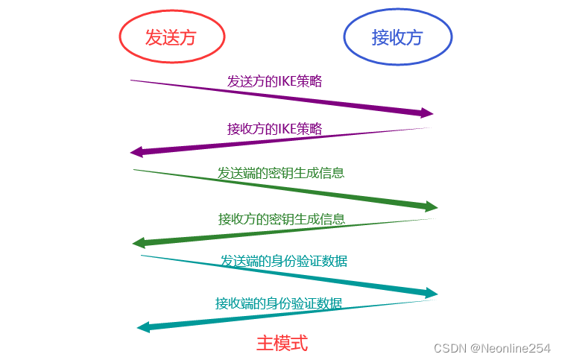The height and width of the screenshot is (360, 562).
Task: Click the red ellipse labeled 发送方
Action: (171, 38)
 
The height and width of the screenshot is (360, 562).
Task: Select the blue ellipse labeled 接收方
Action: (397, 38)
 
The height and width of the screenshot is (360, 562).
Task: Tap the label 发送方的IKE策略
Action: (275, 81)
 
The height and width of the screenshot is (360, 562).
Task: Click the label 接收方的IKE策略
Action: (275, 128)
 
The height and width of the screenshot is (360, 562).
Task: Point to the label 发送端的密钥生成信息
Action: (281, 173)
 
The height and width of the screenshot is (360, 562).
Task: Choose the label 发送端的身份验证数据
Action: (283, 261)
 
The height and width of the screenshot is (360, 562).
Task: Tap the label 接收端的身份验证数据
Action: (279, 303)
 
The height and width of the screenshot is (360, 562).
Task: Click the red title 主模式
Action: (282, 343)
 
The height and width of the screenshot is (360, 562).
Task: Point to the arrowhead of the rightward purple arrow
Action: (427, 113)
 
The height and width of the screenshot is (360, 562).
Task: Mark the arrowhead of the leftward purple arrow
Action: (136, 152)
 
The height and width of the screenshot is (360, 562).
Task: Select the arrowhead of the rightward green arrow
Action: (432, 206)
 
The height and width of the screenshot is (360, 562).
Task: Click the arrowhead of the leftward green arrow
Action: (139, 243)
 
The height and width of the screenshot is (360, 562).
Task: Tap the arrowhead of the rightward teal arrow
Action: (432, 294)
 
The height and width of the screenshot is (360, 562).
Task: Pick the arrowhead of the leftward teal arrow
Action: (143, 327)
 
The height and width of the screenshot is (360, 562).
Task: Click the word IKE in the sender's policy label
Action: (288, 81)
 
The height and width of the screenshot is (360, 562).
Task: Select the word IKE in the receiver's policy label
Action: (288, 128)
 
